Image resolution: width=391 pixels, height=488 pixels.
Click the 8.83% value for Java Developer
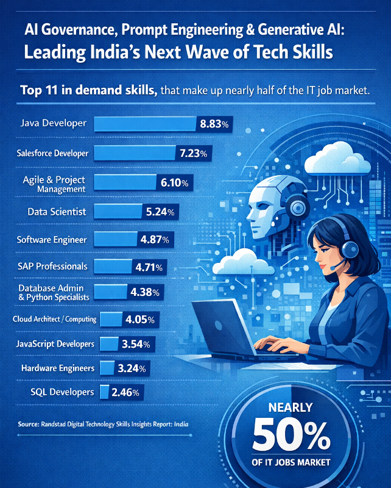coord(214,124)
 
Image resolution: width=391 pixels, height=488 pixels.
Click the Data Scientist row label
coord(57,212)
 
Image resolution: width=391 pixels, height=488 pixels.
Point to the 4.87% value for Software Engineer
coord(155,240)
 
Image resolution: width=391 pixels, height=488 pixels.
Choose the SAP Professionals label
coord(52,267)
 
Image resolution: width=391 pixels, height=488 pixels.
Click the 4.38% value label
coord(145,292)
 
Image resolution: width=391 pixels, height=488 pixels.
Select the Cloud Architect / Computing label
coord(55,319)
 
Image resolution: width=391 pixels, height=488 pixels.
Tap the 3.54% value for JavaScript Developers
coord(136,344)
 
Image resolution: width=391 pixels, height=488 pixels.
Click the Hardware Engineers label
coord(58,368)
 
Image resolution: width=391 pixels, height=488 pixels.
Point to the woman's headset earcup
coord(350,249)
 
